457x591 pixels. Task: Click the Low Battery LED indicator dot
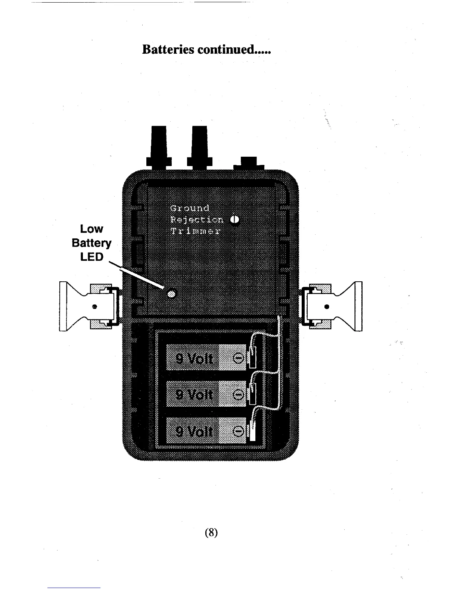click(x=172, y=294)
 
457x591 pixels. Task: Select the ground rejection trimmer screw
click(x=234, y=220)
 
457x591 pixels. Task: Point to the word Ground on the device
click(x=190, y=208)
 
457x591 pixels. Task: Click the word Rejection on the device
click(x=197, y=219)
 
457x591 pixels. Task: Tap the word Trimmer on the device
click(x=195, y=231)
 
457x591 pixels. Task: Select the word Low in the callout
click(x=91, y=229)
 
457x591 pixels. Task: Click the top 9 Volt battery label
click(x=194, y=359)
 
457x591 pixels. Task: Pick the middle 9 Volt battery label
click(x=194, y=394)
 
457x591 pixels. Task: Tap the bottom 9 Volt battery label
click(x=194, y=431)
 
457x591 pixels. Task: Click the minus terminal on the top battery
click(x=238, y=358)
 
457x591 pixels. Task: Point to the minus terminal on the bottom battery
click(x=238, y=431)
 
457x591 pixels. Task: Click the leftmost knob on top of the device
click(x=159, y=147)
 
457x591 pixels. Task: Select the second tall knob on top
click(x=199, y=147)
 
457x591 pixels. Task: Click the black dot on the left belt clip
click(x=95, y=307)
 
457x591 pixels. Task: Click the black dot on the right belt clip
click(x=327, y=307)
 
